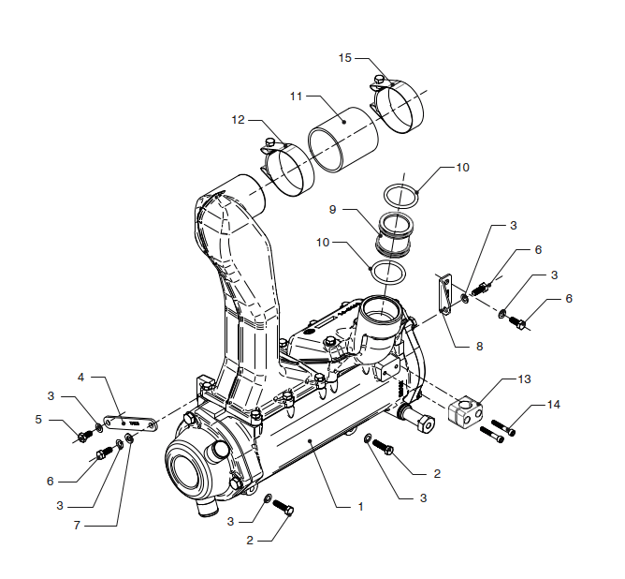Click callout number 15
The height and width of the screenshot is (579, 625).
(x=345, y=58)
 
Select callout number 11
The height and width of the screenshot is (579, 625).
(x=297, y=96)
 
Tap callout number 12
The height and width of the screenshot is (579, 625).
(x=238, y=120)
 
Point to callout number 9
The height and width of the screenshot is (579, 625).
(x=332, y=210)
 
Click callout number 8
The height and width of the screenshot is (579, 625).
(x=480, y=347)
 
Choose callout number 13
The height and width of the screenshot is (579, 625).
(x=525, y=379)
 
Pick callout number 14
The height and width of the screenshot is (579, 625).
(x=554, y=405)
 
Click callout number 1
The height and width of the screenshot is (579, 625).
(x=361, y=507)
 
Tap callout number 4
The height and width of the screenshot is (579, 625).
(x=80, y=377)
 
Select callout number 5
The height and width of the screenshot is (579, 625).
(x=38, y=420)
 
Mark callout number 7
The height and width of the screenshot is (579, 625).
(x=77, y=526)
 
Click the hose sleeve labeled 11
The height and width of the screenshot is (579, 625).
(x=342, y=140)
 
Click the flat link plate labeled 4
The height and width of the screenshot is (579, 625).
(x=131, y=423)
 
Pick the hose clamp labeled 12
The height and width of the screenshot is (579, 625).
(x=288, y=168)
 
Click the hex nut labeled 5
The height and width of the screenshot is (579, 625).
(x=84, y=437)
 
